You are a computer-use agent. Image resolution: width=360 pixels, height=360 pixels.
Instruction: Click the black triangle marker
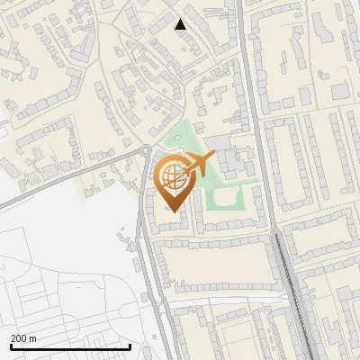pyautogui.click(x=181, y=24)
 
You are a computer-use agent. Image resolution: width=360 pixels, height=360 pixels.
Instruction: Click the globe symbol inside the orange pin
pyautogui.click(x=171, y=175)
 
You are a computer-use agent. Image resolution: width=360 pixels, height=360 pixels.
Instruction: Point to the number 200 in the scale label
pyautogui.click(x=19, y=338)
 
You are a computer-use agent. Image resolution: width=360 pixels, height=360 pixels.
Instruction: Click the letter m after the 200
pyautogui.click(x=33, y=338)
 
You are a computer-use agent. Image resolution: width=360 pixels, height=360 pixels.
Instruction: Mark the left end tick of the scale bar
pyautogui.click(x=11, y=346)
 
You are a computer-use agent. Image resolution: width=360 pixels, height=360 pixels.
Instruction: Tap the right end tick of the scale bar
pyautogui.click(x=130, y=346)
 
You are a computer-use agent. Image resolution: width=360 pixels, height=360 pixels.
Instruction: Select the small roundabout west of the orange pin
pyautogui.click(x=145, y=149)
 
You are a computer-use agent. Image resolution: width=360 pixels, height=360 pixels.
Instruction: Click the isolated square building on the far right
pyautogui.click(x=339, y=91)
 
